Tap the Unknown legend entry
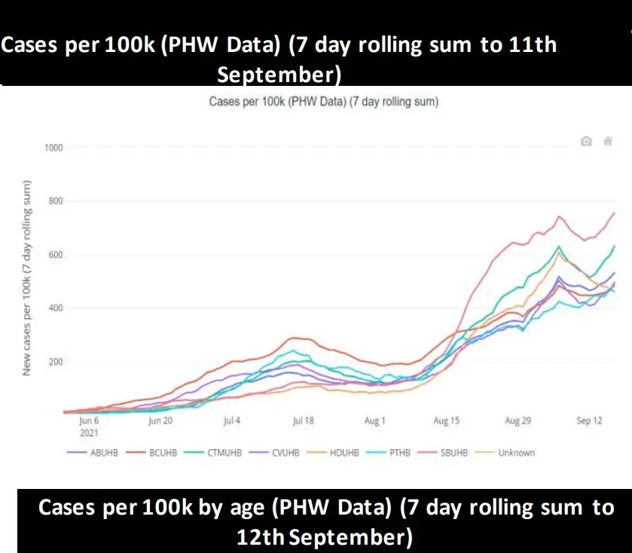[516, 453]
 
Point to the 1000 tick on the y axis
[53, 148]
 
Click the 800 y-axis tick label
[55, 201]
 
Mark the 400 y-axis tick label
[55, 308]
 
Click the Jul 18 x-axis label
[303, 421]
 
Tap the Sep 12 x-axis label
[589, 421]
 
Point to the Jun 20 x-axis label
[160, 421]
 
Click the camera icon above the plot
[586, 141]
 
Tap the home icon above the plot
[607, 141]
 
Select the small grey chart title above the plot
[324, 101]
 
